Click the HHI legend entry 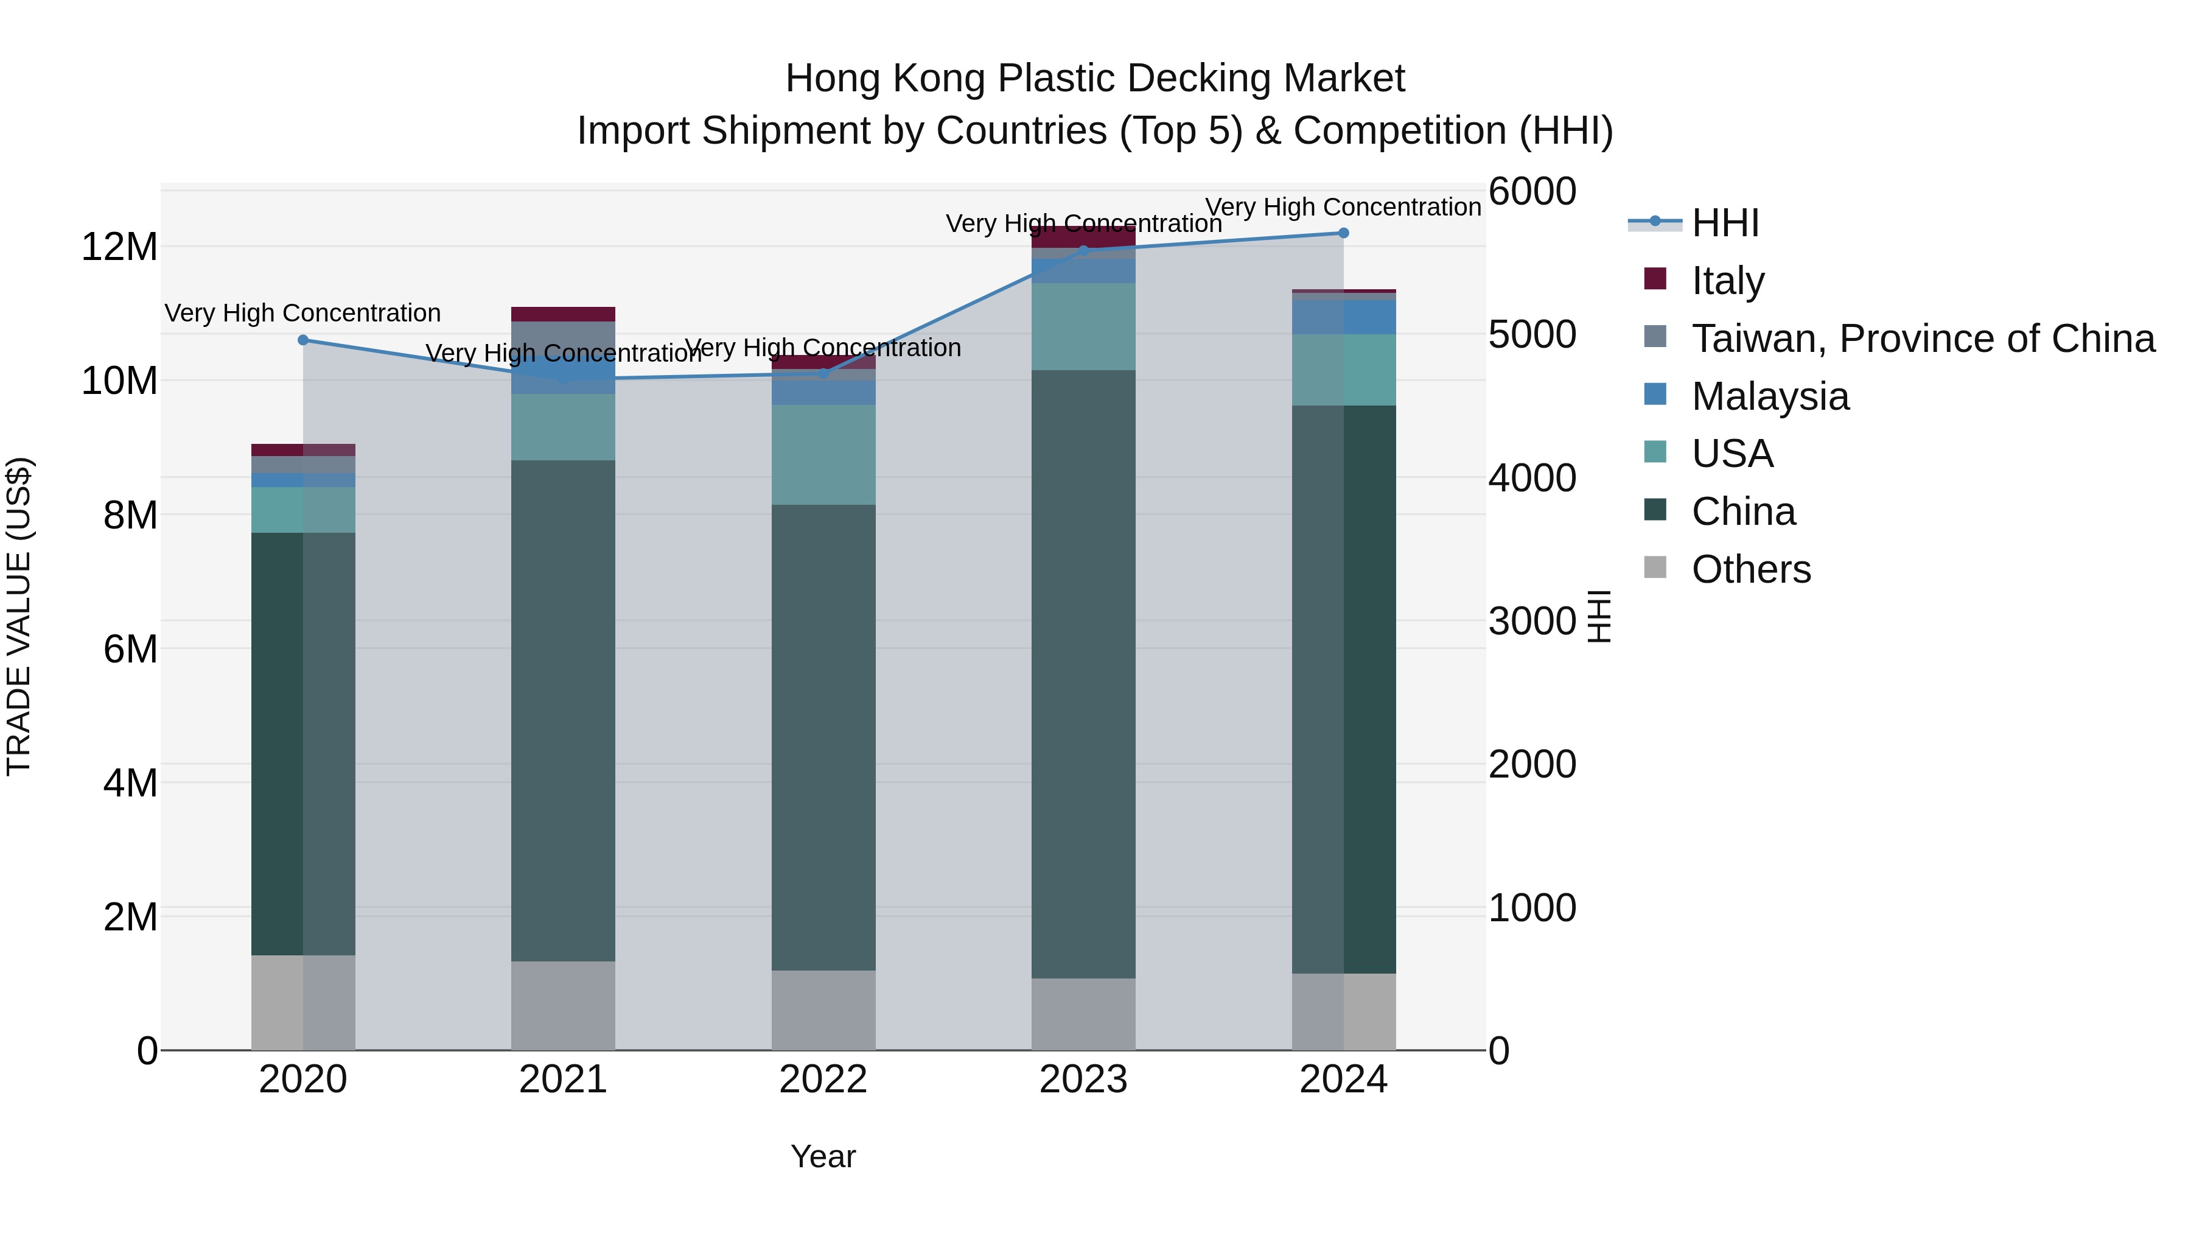pos(1724,223)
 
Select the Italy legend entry pos(1727,281)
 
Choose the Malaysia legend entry pos(1770,396)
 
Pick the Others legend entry pos(1750,569)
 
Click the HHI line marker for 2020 pos(304,340)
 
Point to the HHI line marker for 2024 pos(1344,233)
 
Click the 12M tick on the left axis pos(119,248)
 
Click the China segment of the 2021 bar pos(563,711)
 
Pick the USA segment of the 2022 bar pos(823,455)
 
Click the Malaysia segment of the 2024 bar pos(1344,317)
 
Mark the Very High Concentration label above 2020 pos(303,313)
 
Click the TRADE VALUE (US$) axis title pos(19,616)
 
